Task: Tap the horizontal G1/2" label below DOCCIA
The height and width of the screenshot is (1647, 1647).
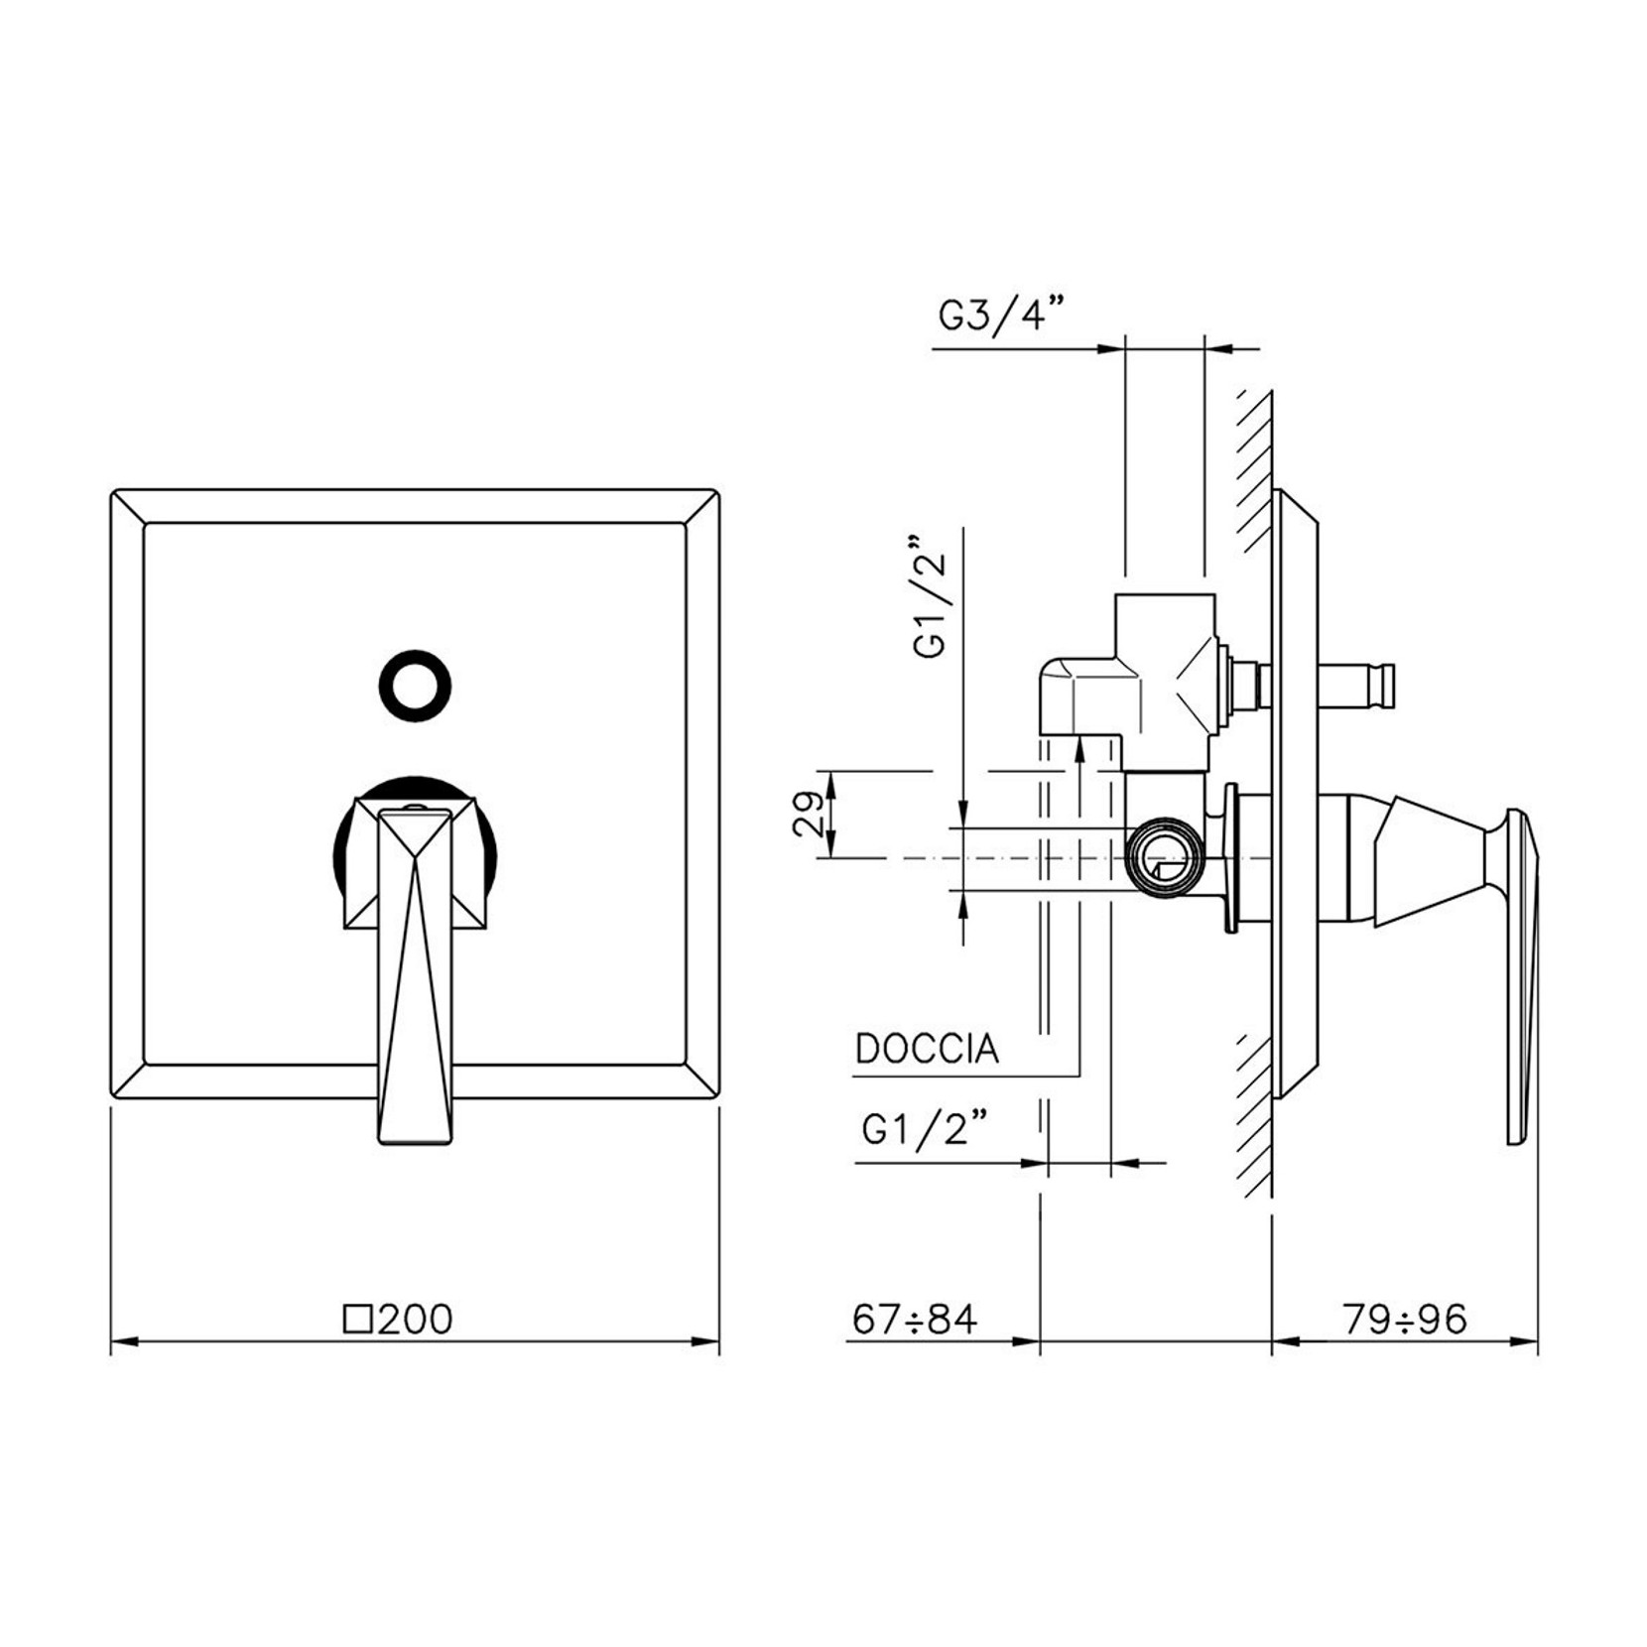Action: [x=925, y=1129]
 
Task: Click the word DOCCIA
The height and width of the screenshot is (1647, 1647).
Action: [x=927, y=1049]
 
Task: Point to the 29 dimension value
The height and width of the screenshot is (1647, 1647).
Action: [x=810, y=814]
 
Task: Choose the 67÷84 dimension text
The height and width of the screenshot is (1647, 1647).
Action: [x=914, y=1319]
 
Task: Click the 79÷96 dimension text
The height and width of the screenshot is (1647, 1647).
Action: [x=1404, y=1319]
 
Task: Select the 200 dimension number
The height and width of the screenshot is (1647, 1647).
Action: [x=416, y=1320]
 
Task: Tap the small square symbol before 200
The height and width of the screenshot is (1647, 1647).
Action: [x=357, y=1320]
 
